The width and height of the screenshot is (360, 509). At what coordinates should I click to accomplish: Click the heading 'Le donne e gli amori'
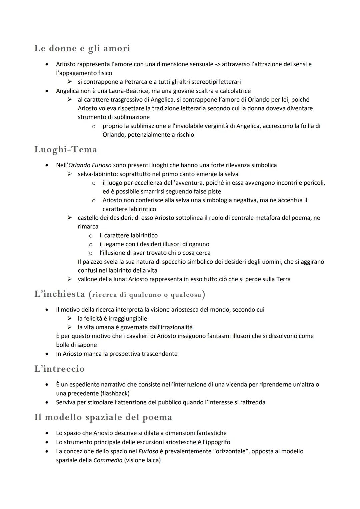coord(82,48)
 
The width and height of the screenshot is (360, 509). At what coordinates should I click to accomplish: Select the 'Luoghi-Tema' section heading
coord(66,150)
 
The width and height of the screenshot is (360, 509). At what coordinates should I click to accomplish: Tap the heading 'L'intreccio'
coord(59,369)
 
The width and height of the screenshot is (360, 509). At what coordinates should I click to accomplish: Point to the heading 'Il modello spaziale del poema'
coord(103,417)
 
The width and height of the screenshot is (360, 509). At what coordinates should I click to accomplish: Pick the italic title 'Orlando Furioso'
coord(90,165)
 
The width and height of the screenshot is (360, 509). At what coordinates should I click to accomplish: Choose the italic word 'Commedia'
coord(108,460)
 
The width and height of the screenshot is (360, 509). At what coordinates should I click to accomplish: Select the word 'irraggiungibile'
coord(128,318)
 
